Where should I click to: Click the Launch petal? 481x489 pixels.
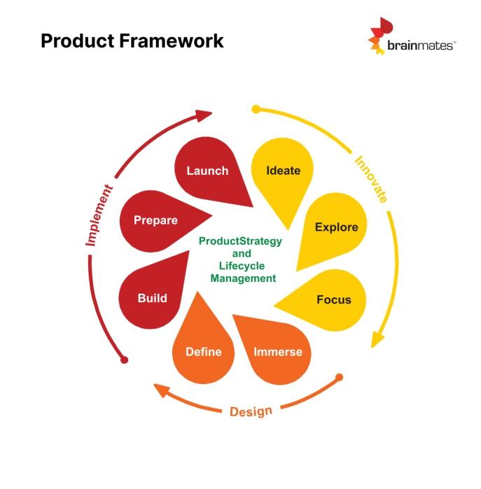[207, 171]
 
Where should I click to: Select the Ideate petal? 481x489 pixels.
[283, 171]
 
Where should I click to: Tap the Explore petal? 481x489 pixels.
[335, 227]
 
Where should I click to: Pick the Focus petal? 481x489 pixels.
[333, 299]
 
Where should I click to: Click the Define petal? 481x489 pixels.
[204, 351]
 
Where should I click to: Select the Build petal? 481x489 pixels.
[153, 297]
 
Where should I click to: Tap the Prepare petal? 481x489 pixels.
[156, 220]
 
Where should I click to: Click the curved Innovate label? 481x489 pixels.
[370, 179]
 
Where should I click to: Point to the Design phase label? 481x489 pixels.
[251, 411]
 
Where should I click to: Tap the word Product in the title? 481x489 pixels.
[76, 41]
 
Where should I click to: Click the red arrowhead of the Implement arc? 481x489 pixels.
[204, 113]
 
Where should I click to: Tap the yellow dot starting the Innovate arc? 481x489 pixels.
[256, 109]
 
